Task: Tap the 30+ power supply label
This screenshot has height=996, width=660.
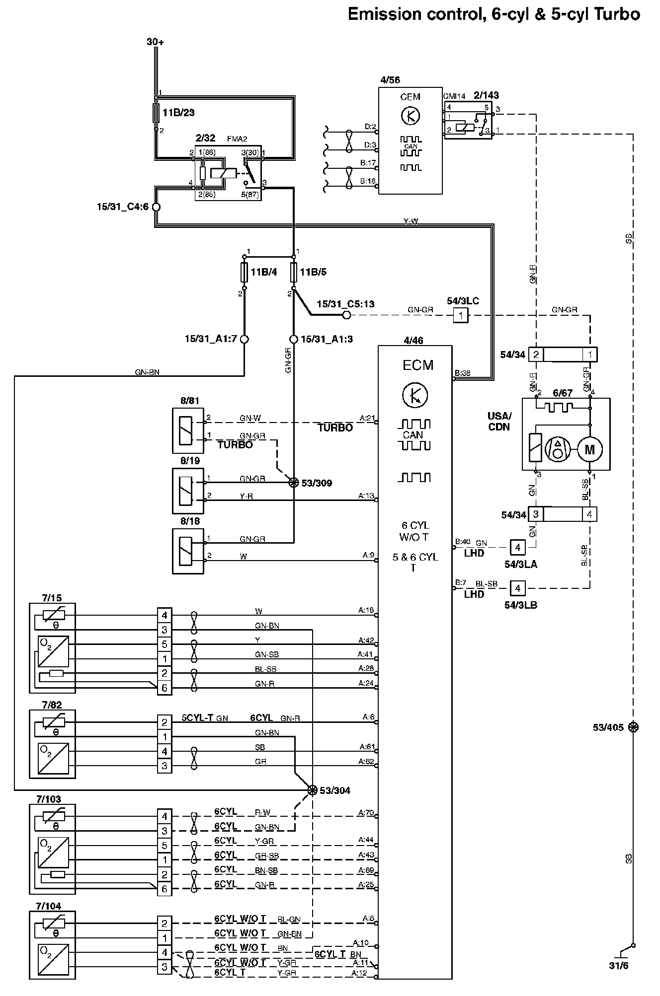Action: (x=155, y=42)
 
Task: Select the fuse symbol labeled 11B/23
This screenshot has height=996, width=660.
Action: (x=156, y=113)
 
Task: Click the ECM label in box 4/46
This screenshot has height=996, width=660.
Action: (x=418, y=365)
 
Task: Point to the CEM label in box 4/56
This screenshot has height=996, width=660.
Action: (x=410, y=97)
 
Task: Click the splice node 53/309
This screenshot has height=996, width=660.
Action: (x=294, y=482)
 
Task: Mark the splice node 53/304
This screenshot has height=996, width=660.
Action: (x=312, y=790)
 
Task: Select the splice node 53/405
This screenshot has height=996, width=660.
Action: (x=633, y=727)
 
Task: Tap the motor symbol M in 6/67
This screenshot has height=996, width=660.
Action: (x=589, y=450)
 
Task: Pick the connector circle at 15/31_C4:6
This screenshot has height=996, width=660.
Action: (x=156, y=207)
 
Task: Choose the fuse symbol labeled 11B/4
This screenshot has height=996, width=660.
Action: (x=244, y=272)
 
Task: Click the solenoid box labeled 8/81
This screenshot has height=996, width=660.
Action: (x=188, y=430)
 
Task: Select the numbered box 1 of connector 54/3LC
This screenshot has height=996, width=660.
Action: (x=461, y=315)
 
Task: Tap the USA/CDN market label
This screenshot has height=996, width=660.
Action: (x=499, y=422)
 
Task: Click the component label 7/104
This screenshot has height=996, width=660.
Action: (x=49, y=906)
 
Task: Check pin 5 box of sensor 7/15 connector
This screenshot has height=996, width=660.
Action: (x=165, y=644)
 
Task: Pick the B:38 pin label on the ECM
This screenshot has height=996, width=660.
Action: (x=462, y=373)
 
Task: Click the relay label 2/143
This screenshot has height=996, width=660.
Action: (x=486, y=95)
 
